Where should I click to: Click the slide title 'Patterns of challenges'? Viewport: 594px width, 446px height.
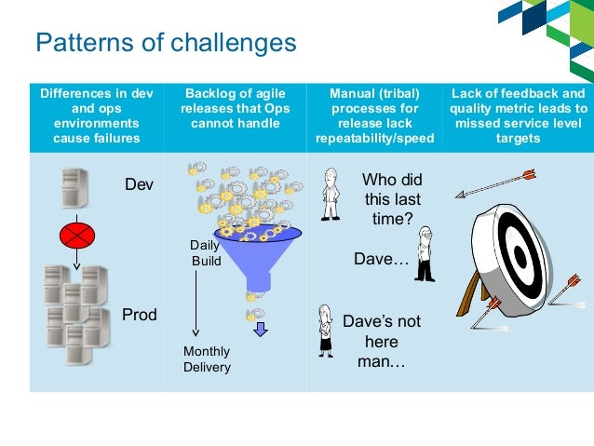[x=166, y=43]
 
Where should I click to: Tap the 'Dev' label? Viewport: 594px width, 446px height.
[x=139, y=185]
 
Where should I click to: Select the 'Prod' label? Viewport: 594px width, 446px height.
[x=140, y=315]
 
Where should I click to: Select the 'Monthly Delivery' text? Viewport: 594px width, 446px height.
[x=207, y=359]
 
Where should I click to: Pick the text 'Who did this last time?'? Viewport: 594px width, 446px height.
[x=391, y=198]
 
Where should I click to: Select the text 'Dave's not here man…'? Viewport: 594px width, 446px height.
[x=382, y=341]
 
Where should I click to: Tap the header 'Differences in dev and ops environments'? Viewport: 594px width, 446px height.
[x=97, y=115]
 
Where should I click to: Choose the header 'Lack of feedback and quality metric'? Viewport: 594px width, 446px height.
[x=519, y=115]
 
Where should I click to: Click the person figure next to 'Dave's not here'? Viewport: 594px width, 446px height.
[x=326, y=331]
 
